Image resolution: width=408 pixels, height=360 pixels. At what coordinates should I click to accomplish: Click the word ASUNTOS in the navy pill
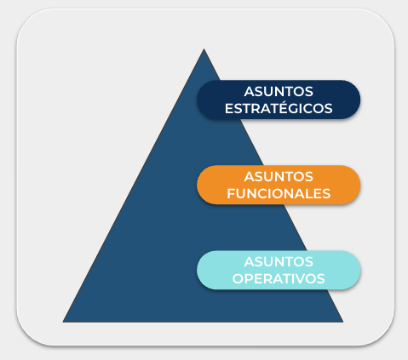tap(279, 92)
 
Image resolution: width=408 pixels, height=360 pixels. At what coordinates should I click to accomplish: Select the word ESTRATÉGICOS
tap(279, 108)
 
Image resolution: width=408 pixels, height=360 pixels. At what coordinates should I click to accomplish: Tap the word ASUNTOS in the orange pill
tap(279, 177)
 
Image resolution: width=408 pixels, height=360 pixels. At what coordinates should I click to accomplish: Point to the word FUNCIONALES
tap(279, 193)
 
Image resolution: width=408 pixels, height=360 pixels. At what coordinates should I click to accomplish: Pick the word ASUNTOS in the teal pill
tap(279, 261)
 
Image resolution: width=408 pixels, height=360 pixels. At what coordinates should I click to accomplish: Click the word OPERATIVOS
tap(279, 278)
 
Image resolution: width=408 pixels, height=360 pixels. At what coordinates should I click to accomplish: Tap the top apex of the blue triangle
tap(204, 49)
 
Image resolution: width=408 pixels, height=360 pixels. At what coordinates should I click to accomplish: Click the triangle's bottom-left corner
tap(63, 322)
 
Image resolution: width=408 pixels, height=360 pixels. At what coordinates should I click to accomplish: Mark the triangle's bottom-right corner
tap(343, 322)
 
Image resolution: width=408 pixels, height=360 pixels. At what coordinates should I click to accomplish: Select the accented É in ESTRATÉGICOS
tap(282, 107)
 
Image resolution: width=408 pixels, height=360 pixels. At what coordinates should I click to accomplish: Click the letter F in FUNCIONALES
tap(232, 193)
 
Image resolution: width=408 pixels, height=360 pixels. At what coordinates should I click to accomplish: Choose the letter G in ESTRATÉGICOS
tap(293, 108)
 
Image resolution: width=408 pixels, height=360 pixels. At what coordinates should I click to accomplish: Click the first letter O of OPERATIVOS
tap(238, 278)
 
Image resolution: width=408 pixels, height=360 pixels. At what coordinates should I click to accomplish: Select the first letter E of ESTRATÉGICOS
tap(229, 108)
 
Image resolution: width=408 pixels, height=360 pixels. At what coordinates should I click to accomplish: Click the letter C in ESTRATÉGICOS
tap(307, 108)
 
